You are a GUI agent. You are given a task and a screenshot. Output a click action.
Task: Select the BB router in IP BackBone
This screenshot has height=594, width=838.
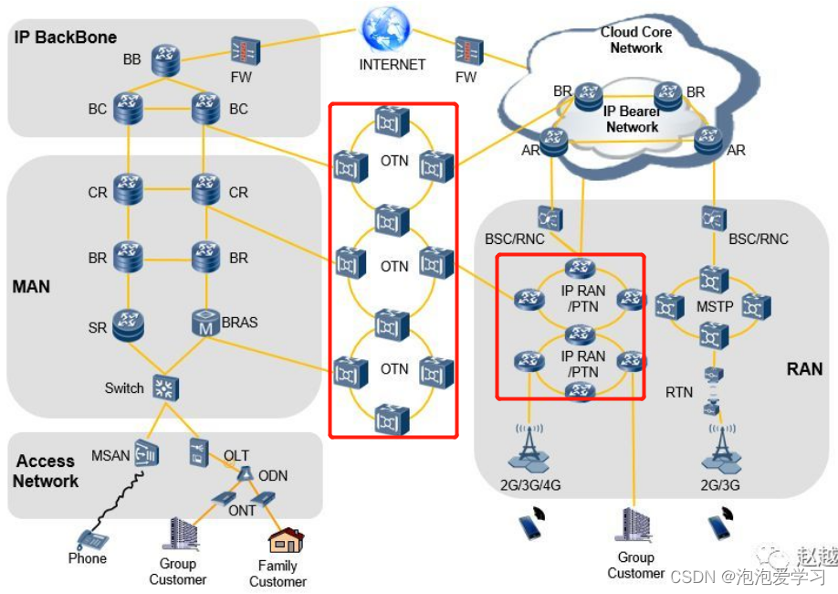click(166, 58)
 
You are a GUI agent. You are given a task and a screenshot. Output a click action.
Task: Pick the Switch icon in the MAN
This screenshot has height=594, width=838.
click(165, 387)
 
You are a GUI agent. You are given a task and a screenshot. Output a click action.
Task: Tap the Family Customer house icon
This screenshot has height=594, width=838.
click(280, 541)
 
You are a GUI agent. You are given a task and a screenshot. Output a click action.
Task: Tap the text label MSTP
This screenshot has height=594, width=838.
click(715, 307)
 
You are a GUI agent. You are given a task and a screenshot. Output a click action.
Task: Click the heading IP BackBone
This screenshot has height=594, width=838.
click(65, 37)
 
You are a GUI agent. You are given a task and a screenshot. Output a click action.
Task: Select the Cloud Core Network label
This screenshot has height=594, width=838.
click(636, 39)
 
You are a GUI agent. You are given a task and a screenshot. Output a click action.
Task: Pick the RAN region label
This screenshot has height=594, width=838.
click(804, 370)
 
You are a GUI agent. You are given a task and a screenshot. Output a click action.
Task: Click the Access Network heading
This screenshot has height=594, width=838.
click(46, 472)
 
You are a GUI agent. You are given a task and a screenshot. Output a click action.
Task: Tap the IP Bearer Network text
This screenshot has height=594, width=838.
click(632, 120)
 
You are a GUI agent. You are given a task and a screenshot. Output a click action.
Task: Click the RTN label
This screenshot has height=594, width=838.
click(679, 392)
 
